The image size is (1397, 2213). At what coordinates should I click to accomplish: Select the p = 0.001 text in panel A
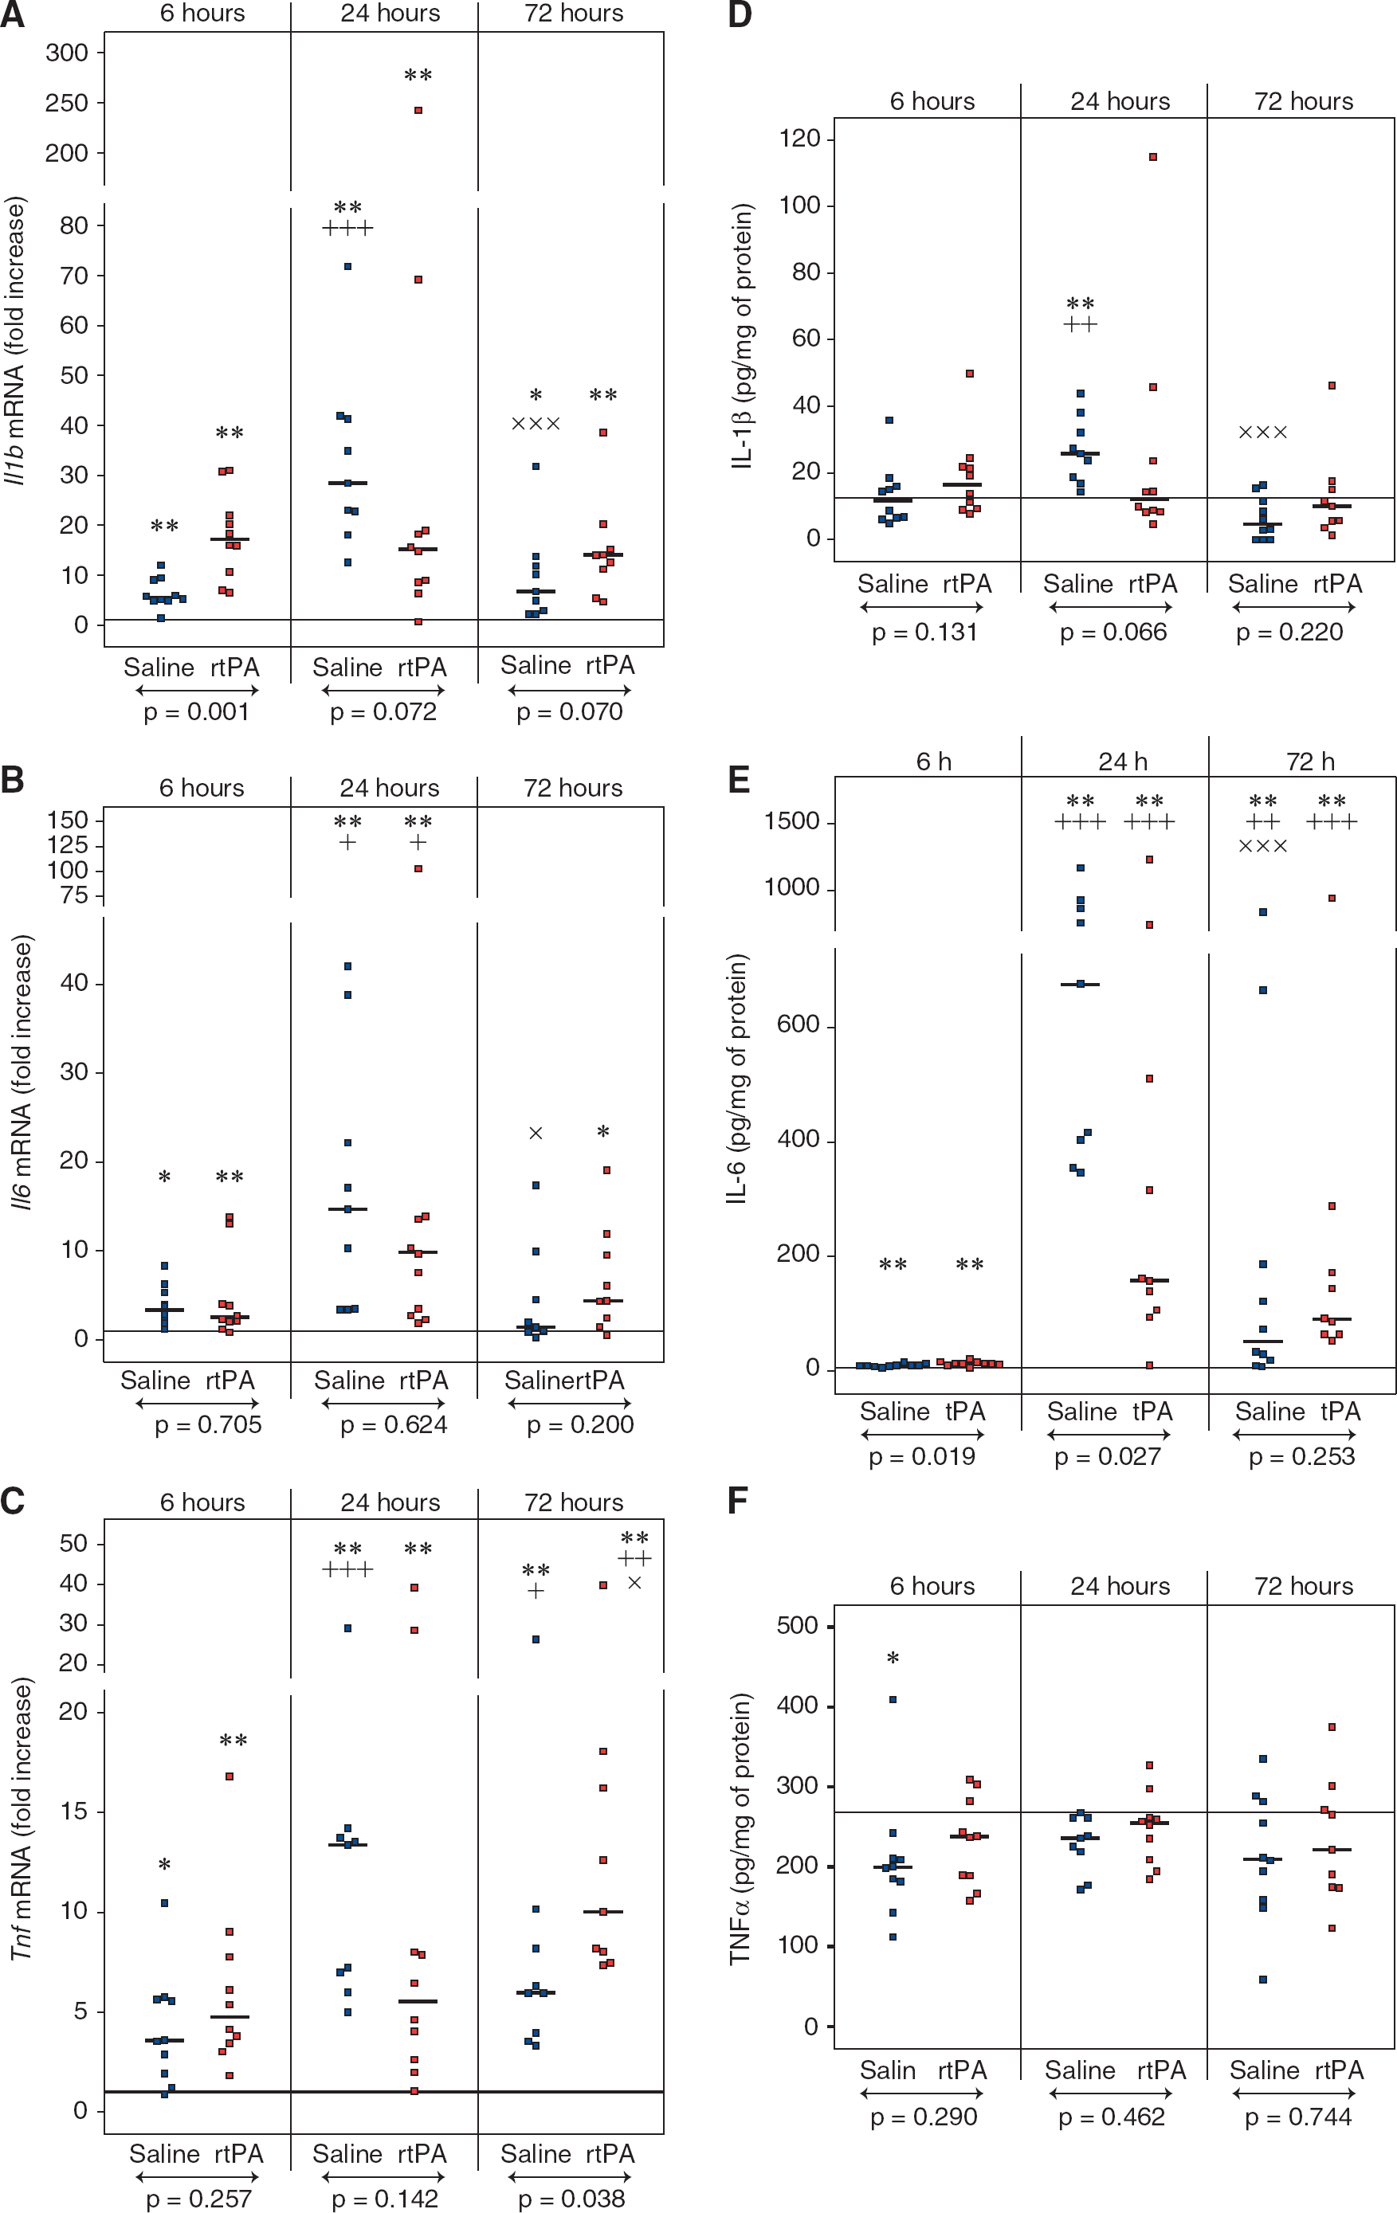coord(196,712)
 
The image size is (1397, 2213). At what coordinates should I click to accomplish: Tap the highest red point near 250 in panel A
coord(418,110)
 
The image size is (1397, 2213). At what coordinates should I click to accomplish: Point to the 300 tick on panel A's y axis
coord(66,53)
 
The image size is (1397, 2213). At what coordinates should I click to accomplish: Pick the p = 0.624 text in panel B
coord(394,1425)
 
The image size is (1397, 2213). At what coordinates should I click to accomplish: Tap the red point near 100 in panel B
coord(418,868)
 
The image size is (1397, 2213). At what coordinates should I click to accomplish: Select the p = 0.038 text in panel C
coord(571,2199)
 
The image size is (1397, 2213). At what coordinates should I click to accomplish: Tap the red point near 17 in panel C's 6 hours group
coord(230,1776)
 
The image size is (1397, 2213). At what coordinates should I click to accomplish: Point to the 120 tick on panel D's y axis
coord(799,139)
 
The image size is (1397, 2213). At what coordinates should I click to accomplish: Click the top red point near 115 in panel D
coord(1152,157)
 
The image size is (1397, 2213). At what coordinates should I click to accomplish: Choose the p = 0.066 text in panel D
coord(1113,633)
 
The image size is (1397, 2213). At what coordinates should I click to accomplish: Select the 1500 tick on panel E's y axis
coord(792,821)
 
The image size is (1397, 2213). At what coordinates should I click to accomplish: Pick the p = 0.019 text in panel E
coord(922,1457)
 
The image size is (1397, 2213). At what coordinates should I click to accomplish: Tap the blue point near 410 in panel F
coord(893,1700)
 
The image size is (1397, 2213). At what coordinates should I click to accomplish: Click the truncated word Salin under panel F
coord(888,2070)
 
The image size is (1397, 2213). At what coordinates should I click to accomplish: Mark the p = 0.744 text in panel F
coord(1297,2117)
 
